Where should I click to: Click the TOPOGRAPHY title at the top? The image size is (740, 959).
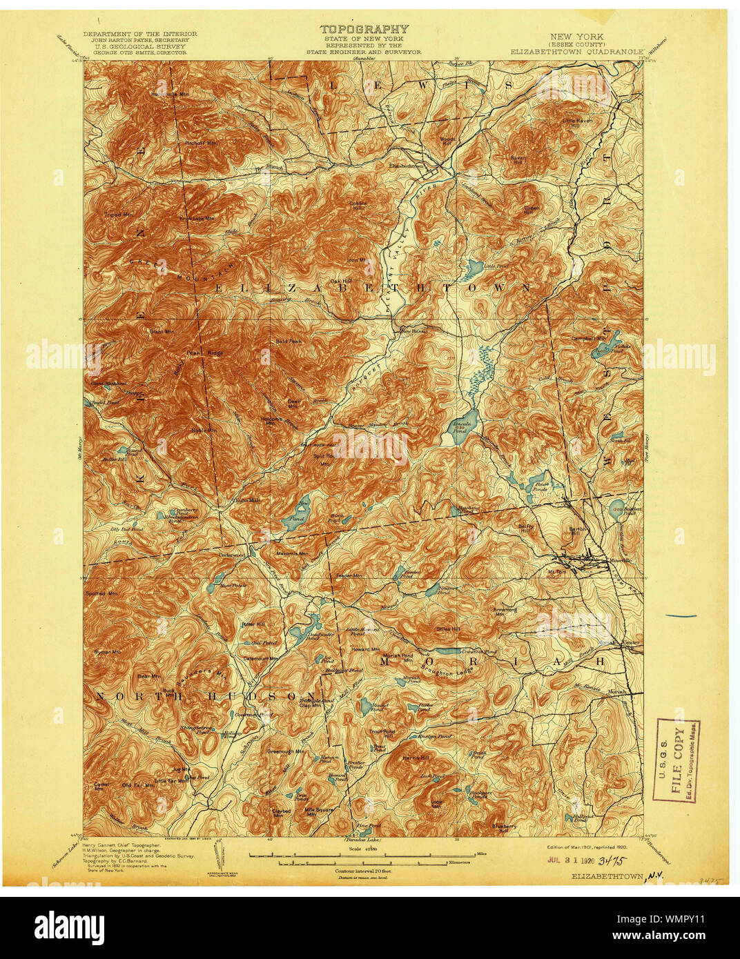364,29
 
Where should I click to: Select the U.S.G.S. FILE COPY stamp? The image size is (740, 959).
676,760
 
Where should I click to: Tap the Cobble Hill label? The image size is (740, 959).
358,206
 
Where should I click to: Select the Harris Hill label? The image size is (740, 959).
416,758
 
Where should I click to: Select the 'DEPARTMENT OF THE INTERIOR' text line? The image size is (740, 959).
140,34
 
